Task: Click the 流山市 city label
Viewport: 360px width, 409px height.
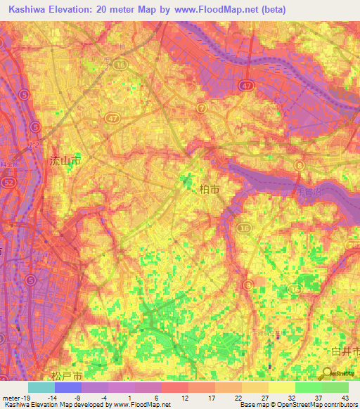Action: tap(65, 162)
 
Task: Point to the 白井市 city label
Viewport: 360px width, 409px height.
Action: tap(345, 350)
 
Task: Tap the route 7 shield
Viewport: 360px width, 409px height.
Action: tap(202, 108)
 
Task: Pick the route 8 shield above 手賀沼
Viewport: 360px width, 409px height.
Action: tap(299, 165)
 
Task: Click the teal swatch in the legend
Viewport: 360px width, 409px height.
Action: tap(41, 387)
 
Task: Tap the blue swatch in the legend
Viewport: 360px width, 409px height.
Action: tap(67, 387)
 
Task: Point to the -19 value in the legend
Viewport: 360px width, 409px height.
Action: tap(13, 398)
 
